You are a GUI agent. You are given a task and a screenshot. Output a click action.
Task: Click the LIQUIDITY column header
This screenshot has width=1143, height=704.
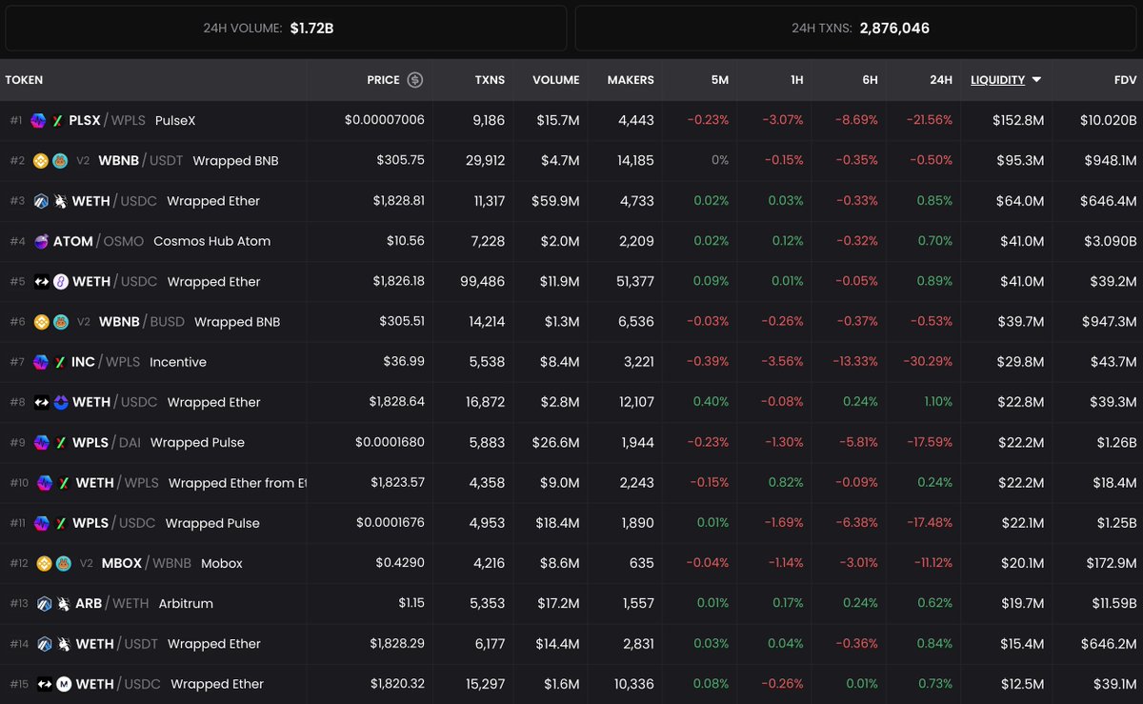pos(997,80)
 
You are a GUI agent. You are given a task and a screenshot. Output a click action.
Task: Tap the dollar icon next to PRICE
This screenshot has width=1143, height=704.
pos(415,80)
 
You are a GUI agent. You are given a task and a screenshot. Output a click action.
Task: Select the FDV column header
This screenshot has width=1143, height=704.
pos(1124,80)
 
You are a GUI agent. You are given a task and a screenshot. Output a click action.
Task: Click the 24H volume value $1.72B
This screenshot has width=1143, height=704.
pos(311,29)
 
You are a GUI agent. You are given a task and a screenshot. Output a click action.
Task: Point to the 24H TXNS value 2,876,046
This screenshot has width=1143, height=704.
pos(894,29)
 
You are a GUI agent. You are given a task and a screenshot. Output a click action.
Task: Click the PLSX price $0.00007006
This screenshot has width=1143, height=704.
pos(385,120)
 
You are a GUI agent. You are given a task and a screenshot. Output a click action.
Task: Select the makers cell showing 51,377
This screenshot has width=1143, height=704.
pos(630,281)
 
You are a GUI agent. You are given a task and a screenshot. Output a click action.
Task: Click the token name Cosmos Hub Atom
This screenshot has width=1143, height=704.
pos(211,241)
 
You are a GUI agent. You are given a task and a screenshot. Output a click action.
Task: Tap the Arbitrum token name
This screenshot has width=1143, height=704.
pos(186,603)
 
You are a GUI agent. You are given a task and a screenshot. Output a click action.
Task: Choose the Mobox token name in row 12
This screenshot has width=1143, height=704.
pos(222,563)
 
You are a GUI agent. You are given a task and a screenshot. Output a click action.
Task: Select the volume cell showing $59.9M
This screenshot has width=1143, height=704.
pos(557,201)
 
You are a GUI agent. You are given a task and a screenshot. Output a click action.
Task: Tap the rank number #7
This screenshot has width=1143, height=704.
pos(16,362)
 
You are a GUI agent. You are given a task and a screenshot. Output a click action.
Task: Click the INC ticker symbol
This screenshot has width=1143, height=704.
pos(83,362)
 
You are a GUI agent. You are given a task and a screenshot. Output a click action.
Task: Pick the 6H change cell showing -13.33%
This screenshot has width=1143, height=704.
pos(852,362)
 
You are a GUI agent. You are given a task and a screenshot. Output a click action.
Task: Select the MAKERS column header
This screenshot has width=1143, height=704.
pos(631,80)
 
